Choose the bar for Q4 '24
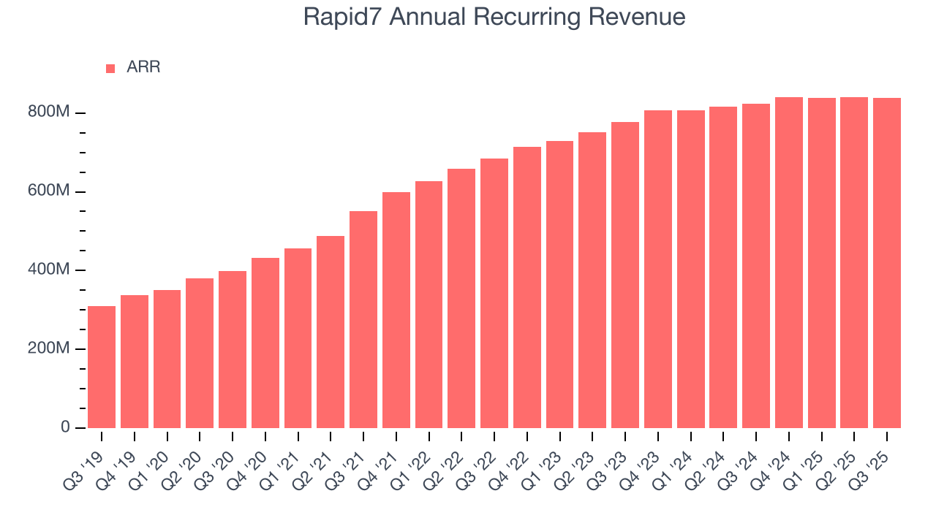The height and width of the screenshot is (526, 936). click(789, 262)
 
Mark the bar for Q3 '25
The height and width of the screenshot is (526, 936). click(887, 263)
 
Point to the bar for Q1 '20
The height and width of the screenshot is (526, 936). click(167, 359)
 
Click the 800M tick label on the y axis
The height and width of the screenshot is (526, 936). click(49, 113)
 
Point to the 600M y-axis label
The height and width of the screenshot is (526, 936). click(49, 191)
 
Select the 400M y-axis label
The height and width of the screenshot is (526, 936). click(49, 270)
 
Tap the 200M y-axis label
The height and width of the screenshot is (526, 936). click(49, 348)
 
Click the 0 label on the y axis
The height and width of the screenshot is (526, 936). click(64, 427)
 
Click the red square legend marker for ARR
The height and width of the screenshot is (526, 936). click(110, 68)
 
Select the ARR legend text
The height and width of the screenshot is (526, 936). click(143, 67)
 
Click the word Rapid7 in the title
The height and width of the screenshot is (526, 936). click(343, 17)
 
